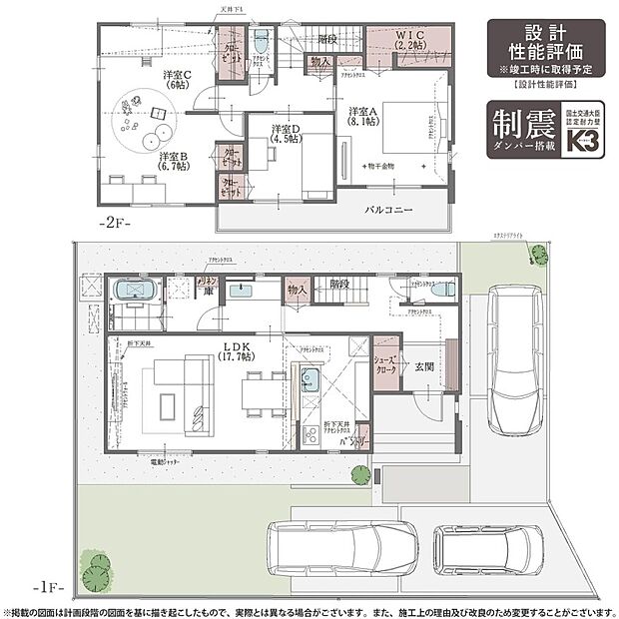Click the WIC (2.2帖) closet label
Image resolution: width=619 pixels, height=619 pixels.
411,40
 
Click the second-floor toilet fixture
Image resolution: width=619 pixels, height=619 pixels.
261,42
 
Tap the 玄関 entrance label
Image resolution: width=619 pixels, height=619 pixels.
425,364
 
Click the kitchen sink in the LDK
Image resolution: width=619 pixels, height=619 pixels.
309,380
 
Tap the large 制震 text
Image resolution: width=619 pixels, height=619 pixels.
523,127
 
